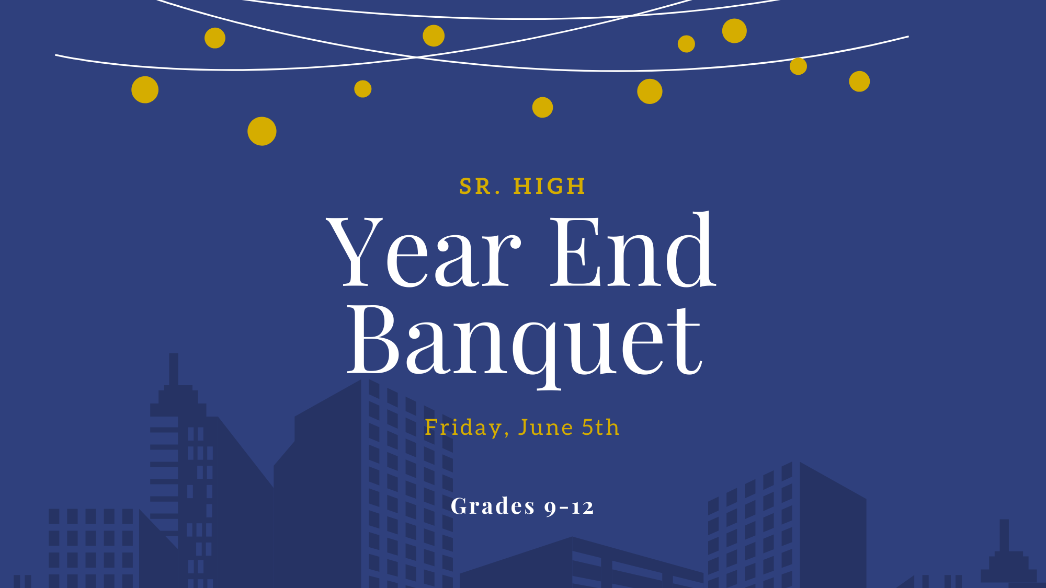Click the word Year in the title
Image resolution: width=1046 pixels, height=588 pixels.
click(x=424, y=251)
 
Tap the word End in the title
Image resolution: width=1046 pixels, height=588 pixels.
click(x=633, y=249)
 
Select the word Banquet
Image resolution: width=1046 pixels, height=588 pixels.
click(x=525, y=345)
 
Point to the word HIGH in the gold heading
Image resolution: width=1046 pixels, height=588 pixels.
click(x=549, y=187)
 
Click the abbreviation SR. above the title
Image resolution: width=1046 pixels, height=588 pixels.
click(x=480, y=187)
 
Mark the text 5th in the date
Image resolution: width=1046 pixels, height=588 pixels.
click(x=600, y=427)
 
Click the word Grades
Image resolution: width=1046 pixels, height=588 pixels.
click(x=493, y=506)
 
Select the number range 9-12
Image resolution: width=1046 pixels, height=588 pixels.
click(x=569, y=507)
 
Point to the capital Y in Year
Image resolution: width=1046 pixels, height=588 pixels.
click(x=355, y=251)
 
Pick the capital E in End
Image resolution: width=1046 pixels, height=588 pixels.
click(x=576, y=251)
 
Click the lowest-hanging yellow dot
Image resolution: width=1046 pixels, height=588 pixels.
click(x=262, y=131)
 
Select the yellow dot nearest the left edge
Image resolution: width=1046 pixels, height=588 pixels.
click(x=145, y=90)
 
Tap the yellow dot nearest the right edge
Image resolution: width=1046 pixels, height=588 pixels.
click(x=859, y=82)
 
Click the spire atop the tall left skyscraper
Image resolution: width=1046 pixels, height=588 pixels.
click(x=174, y=370)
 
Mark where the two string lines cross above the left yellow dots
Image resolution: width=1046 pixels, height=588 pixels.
click(x=417, y=56)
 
